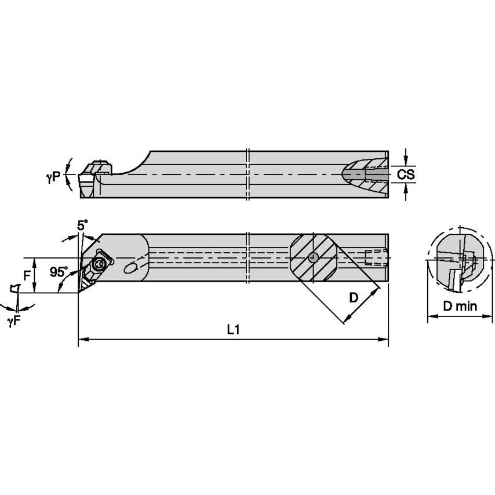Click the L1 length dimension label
233,329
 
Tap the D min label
457,305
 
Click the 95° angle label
59,271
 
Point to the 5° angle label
83,224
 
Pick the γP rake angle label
53,178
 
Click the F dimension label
27,276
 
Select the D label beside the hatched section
354,298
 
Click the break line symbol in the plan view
247,258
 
